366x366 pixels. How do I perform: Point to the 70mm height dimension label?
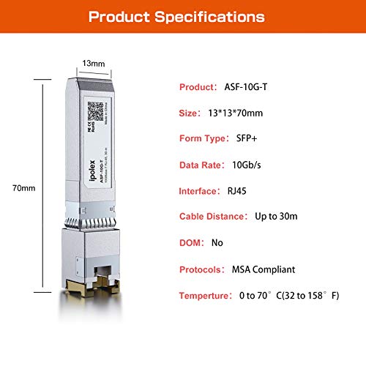28,188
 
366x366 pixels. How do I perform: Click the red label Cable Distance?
213,216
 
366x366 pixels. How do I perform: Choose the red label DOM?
192,242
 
